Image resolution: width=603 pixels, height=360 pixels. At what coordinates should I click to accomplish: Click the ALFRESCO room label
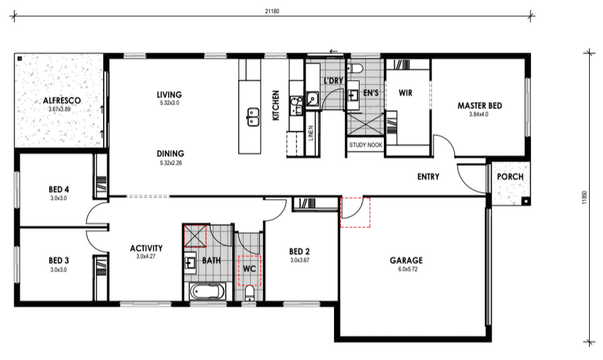tap(62, 101)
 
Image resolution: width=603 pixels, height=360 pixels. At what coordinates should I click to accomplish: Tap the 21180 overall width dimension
tap(272, 11)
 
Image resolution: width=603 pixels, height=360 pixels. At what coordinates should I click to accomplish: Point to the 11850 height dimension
tap(584, 198)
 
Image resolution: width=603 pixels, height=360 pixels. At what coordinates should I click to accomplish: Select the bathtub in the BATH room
tap(207, 292)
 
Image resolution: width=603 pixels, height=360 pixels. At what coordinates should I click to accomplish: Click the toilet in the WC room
tap(250, 294)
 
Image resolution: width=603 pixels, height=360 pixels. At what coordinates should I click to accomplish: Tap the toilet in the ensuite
tap(355, 69)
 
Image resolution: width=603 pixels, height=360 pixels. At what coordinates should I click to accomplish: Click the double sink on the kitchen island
tap(252, 117)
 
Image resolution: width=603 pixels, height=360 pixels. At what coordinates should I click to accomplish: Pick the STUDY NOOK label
tap(366, 145)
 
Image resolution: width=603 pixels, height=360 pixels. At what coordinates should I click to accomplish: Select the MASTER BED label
tap(479, 106)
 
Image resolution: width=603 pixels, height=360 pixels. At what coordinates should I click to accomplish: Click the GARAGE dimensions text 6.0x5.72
tap(407, 269)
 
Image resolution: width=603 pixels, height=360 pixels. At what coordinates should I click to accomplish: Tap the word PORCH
tap(510, 177)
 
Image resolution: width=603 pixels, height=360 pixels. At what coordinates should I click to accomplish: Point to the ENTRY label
tap(428, 177)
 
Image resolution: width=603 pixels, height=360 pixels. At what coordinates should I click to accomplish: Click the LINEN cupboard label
tap(310, 133)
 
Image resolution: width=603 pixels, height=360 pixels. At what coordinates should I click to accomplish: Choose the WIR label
tap(405, 93)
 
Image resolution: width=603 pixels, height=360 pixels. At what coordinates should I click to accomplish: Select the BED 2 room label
tap(299, 252)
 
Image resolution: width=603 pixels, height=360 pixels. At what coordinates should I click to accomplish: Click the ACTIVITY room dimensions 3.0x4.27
tap(146, 256)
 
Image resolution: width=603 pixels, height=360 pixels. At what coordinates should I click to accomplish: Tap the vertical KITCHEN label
tap(276, 105)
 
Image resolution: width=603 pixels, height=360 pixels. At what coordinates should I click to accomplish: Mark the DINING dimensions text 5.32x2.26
tap(171, 163)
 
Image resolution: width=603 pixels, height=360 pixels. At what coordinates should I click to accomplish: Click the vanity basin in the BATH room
tap(189, 263)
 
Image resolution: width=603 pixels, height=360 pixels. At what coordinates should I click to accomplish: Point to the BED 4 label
tap(59, 189)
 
